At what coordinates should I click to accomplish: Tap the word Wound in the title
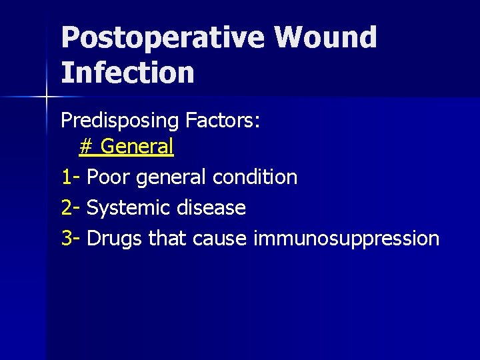pos(325,38)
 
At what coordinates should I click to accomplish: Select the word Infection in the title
pos(127,73)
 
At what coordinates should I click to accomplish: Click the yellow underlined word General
pos(137,146)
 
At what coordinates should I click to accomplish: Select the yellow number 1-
pos(71,177)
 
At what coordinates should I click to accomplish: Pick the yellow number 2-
pos(71,208)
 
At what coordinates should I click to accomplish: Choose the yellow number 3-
pos(71,239)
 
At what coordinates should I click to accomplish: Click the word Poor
pos(109,177)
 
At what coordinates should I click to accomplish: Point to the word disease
pos(209,208)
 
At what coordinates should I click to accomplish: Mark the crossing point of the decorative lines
pos(47,97)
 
